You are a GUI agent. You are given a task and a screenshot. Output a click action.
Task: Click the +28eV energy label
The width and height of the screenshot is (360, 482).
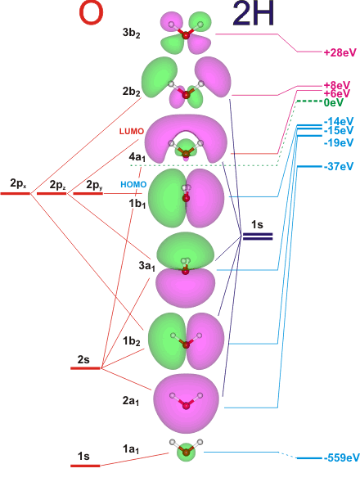coord(340,52)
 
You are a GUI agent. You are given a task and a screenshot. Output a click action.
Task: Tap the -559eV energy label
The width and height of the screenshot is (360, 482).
coord(341,457)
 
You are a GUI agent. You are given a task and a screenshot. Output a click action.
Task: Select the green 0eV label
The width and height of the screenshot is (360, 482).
coord(333,102)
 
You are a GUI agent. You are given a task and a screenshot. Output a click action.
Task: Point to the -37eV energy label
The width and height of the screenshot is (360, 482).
coord(339,166)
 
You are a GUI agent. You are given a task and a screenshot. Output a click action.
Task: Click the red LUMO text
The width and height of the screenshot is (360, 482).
coord(132,131)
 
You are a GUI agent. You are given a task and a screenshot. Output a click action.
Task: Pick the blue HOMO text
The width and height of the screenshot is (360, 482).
coord(133,184)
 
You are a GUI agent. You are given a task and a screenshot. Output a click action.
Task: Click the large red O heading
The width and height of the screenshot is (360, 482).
coord(91,14)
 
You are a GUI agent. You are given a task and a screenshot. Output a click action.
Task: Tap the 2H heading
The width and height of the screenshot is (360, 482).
coord(253,14)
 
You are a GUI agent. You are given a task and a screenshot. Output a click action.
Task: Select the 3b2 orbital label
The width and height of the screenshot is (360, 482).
coord(131,34)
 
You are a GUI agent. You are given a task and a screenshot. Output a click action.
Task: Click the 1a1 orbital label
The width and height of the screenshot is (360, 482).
coord(131,450)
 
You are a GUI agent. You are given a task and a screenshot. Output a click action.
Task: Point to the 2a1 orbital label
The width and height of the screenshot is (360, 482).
coord(131,401)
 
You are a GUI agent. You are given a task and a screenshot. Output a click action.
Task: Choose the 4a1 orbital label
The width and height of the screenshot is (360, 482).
coord(137,157)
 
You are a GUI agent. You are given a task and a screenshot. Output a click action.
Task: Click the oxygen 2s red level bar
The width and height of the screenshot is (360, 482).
coord(85,368)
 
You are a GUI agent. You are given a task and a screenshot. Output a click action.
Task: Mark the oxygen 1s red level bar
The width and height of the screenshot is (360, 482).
coord(85,466)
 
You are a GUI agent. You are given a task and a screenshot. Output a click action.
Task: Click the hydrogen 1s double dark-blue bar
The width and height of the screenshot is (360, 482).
coord(258,236)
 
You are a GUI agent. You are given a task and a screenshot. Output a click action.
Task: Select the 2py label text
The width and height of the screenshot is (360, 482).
coord(94,185)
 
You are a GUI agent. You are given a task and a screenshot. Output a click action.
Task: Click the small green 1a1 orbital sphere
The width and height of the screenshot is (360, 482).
coord(187,452)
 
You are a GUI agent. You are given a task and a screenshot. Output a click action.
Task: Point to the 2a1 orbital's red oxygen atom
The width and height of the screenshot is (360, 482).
coord(186,406)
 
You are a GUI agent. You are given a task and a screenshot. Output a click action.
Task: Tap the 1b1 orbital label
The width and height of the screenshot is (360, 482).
coord(137,204)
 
